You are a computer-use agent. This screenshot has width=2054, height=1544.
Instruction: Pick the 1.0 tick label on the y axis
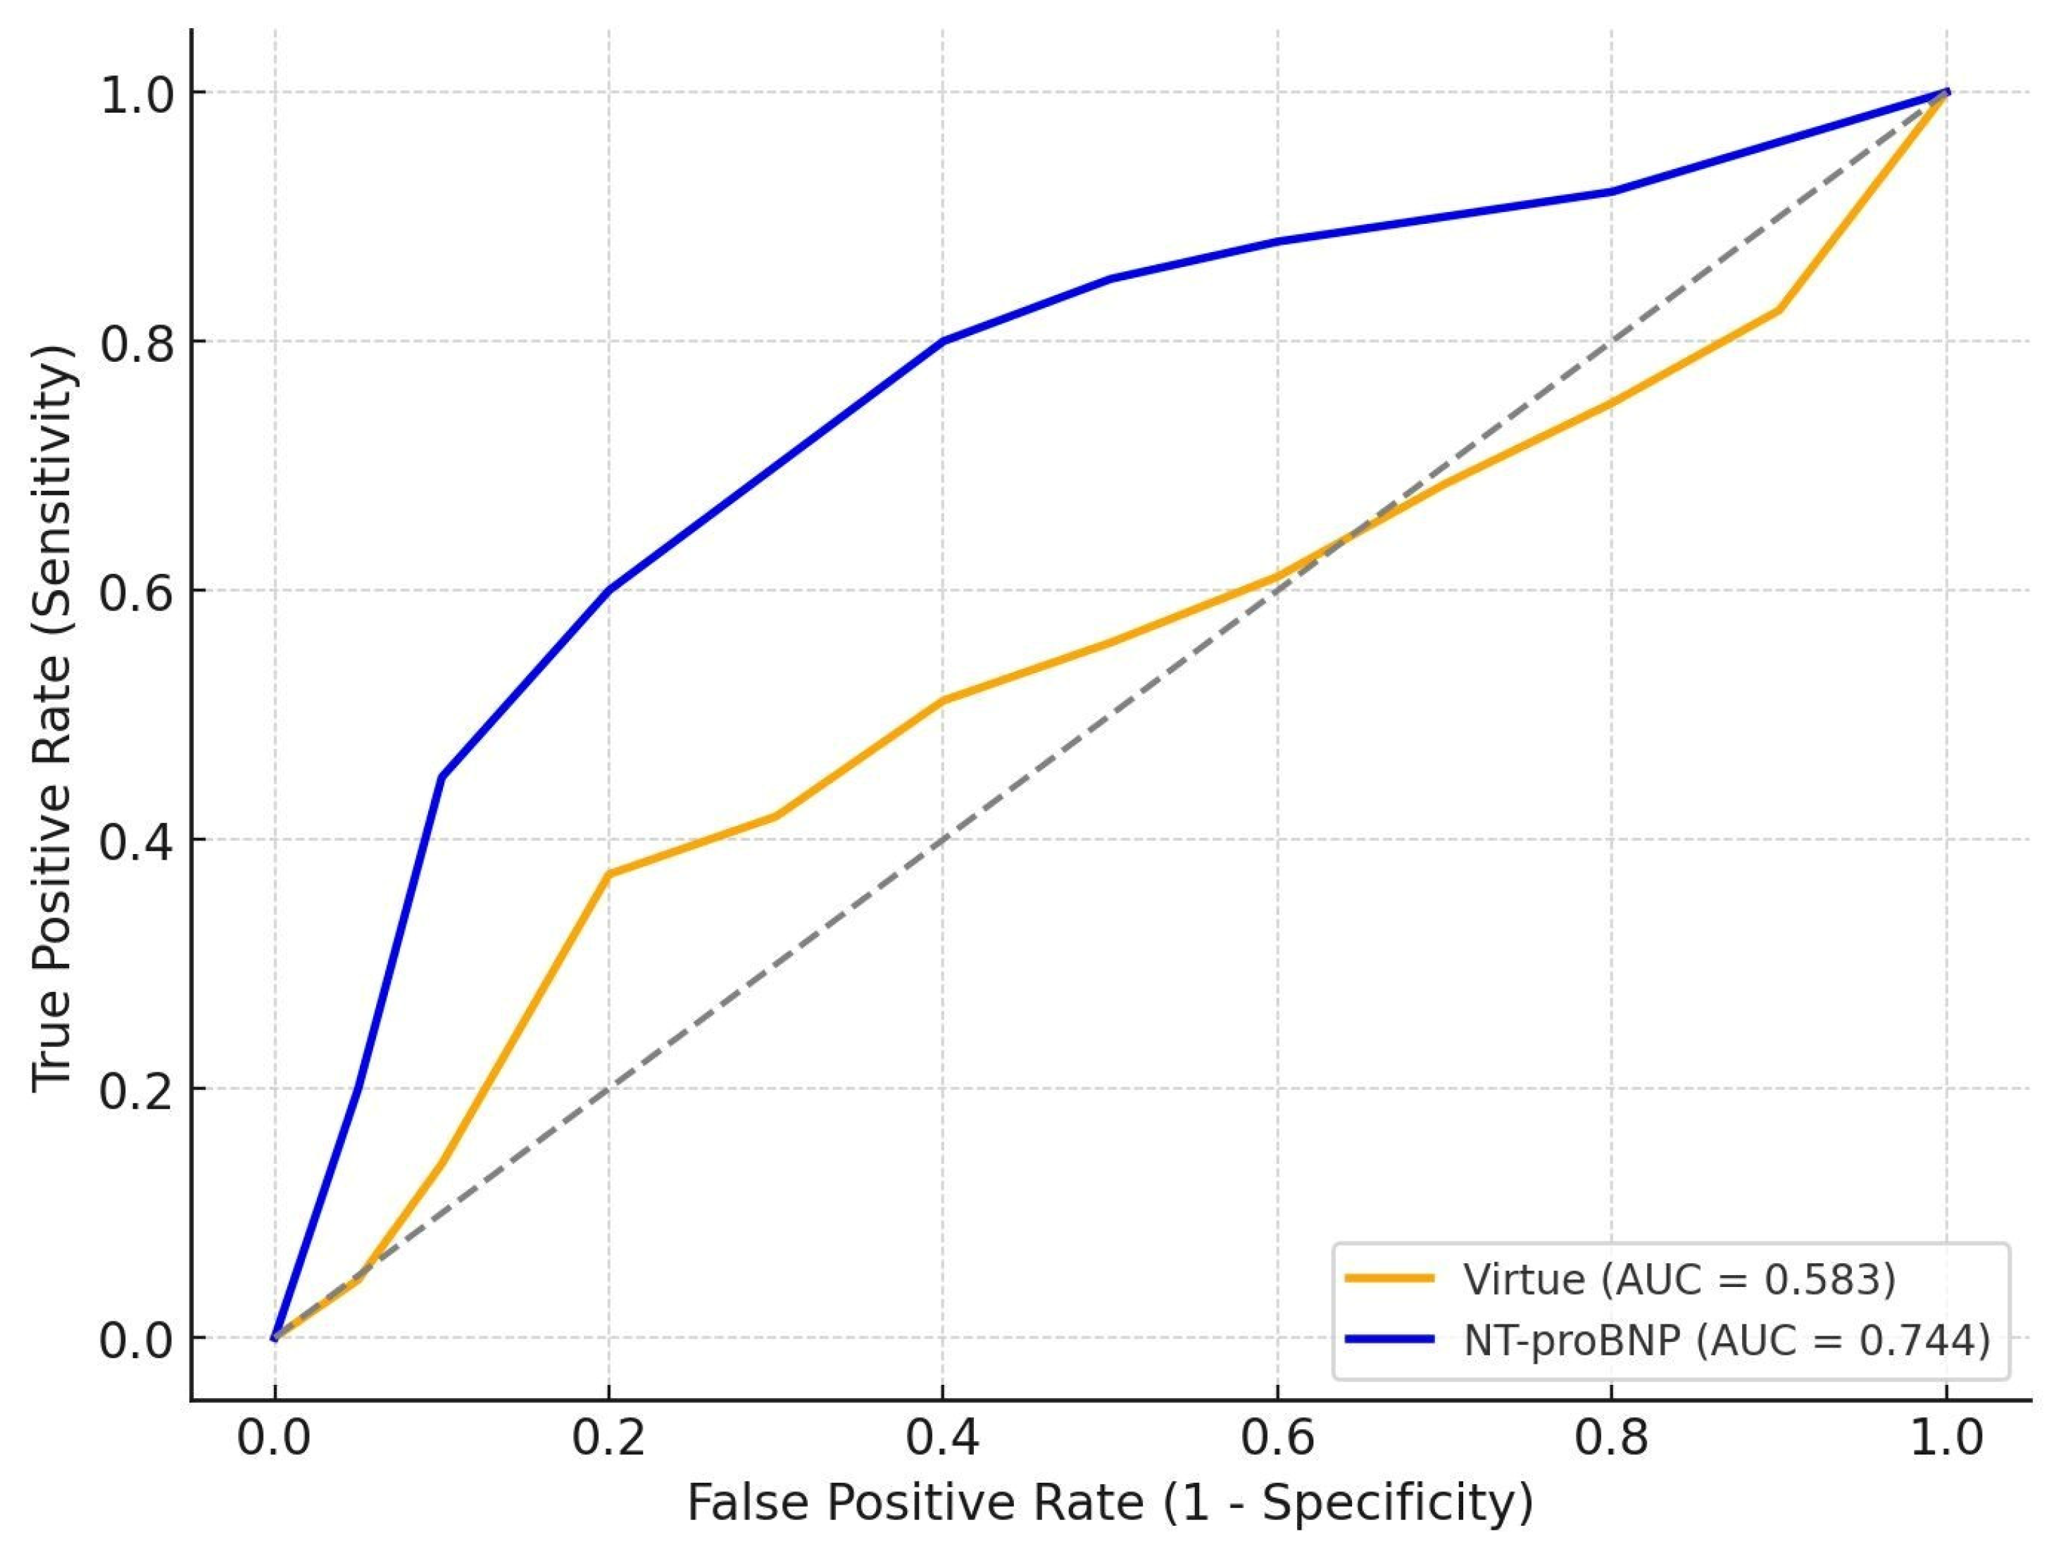pyautogui.click(x=137, y=96)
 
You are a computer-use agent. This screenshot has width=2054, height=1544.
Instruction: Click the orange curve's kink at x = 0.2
pyautogui.click(x=608, y=874)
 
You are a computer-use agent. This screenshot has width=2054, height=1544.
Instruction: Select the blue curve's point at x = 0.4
pyautogui.click(x=944, y=341)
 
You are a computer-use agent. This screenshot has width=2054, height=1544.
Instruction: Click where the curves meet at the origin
pyautogui.click(x=275, y=1338)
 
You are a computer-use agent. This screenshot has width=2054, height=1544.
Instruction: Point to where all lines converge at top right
pyautogui.click(x=1946, y=92)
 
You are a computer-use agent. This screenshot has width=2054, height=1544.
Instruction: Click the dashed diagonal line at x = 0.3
pyautogui.click(x=776, y=964)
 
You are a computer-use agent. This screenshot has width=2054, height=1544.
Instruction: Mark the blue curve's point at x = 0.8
pyautogui.click(x=1612, y=192)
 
